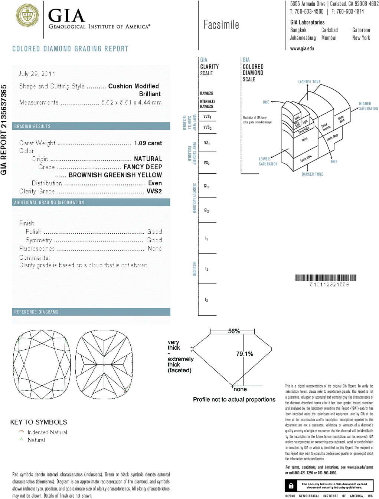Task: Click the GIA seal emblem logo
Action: [27, 16]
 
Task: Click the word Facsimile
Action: [221, 25]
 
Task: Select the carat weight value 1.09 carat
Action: [148, 143]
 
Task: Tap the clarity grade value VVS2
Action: [154, 191]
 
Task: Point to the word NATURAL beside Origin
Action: [148, 159]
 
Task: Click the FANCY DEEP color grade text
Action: [143, 167]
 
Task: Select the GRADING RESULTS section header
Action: [32, 126]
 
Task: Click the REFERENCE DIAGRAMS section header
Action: [36, 312]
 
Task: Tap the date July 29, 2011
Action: [37, 74]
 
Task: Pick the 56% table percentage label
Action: [234, 331]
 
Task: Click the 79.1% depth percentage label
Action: [244, 354]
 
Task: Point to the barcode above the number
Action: [326, 278]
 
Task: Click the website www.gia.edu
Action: [302, 49]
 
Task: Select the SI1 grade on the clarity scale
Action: [206, 186]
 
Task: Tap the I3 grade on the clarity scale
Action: [206, 300]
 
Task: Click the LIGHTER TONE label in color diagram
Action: [309, 82]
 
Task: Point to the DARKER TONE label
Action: [312, 174]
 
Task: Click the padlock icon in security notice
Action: [291, 486]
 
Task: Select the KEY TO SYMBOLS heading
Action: [39, 422]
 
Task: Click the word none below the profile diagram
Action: [240, 389]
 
